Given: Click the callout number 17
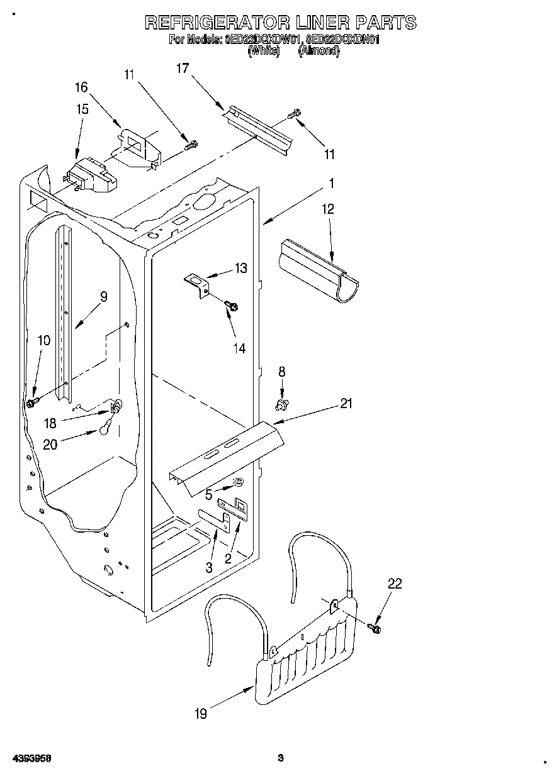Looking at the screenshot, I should coord(183,69).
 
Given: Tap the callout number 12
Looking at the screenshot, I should coord(329,209).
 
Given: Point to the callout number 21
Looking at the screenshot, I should coord(346,404).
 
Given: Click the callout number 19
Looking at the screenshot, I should coord(200,713).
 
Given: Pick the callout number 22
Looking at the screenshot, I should coord(394,584).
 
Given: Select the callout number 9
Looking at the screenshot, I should coord(103,296).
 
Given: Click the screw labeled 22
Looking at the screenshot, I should coord(375,627).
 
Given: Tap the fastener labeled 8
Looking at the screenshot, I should coord(282,403).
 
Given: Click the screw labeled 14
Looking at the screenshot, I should coord(232,306).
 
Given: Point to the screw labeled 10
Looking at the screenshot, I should coord(31,400).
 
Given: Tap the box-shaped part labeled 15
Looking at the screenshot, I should coord(91,175).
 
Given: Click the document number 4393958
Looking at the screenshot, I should coord(30,758).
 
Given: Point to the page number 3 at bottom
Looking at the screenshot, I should coord(281,758).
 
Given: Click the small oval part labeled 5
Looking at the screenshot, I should coord(238,482).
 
